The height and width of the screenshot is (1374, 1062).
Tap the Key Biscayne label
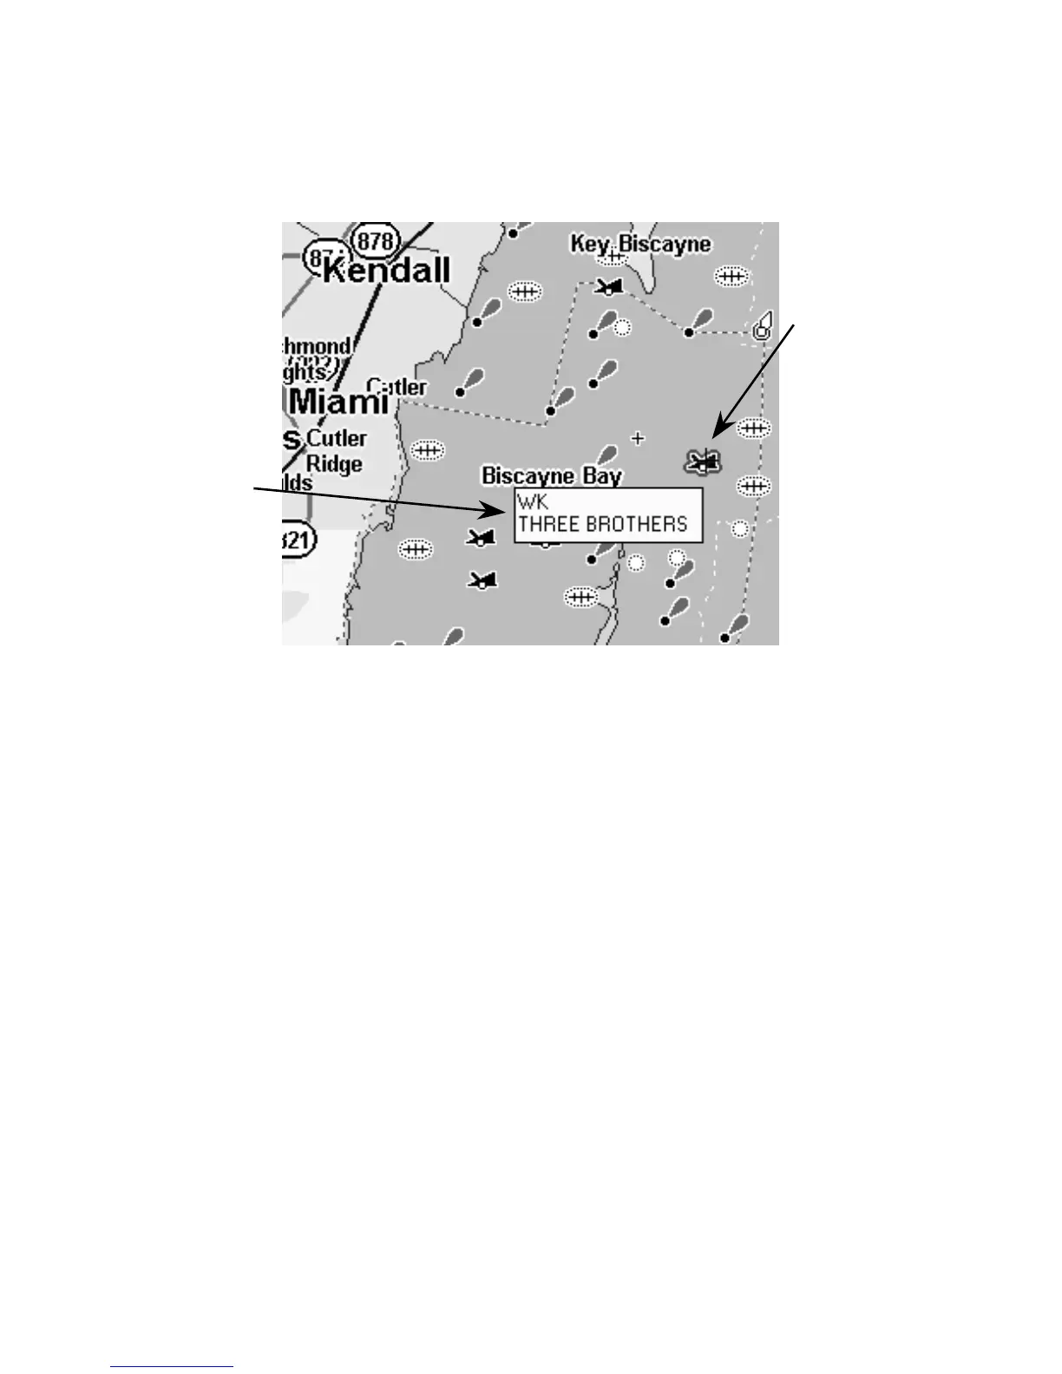pos(640,245)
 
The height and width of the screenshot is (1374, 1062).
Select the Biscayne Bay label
pos(552,475)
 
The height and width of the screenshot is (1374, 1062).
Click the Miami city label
pos(338,402)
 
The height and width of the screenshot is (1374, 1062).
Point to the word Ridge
pos(334,464)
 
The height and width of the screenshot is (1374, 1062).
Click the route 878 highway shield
pos(375,240)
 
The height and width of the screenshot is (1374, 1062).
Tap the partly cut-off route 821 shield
pos(298,540)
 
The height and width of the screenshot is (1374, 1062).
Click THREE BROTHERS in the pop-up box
pos(602,525)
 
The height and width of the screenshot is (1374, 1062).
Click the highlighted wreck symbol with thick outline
pos(703,462)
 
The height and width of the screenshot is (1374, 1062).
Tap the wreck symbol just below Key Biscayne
pos(611,286)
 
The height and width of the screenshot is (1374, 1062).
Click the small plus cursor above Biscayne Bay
pos(639,438)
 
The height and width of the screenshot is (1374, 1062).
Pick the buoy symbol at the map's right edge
pos(763,327)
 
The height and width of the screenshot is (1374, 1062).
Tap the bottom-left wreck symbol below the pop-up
pos(482,579)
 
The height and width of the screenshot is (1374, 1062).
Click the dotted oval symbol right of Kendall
pos(524,292)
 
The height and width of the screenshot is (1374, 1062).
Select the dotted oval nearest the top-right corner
pos(731,276)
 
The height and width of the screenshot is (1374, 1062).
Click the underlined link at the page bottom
pos(172,1367)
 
